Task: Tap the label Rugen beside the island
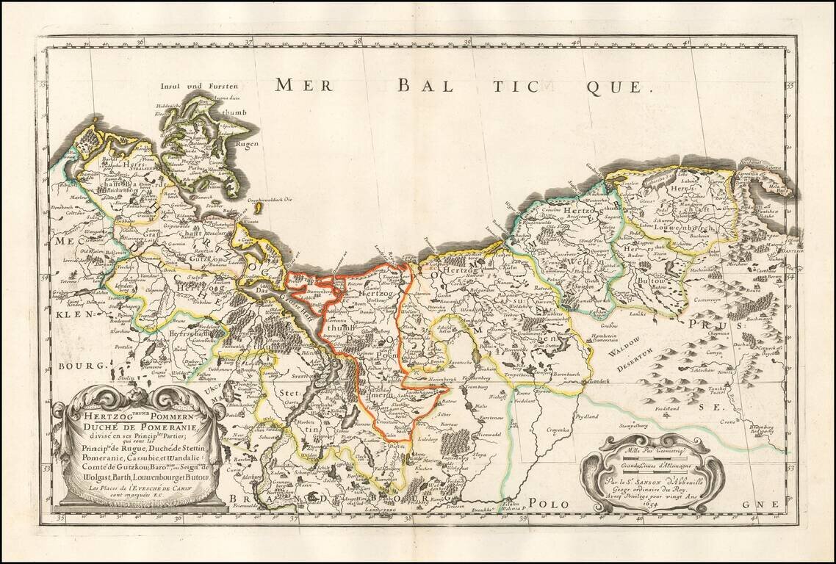coord(246,144)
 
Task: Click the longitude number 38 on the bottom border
coord(407,518)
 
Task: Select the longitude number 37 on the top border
coord(248,43)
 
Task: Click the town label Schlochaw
coord(696,372)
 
